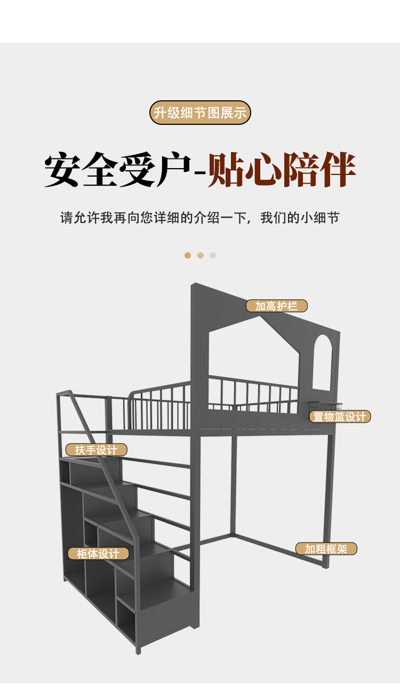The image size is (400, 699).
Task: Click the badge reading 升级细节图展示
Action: point(200,113)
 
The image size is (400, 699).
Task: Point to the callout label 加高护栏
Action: point(276,306)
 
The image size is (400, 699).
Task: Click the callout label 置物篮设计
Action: point(340,417)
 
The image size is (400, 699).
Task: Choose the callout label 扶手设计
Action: point(96,450)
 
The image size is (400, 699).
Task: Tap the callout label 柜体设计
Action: point(98,553)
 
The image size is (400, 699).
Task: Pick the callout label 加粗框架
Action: point(326,549)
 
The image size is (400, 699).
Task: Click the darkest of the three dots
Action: point(188,256)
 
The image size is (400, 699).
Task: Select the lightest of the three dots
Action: point(213,256)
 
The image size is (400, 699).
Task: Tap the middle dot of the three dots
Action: point(201,256)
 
